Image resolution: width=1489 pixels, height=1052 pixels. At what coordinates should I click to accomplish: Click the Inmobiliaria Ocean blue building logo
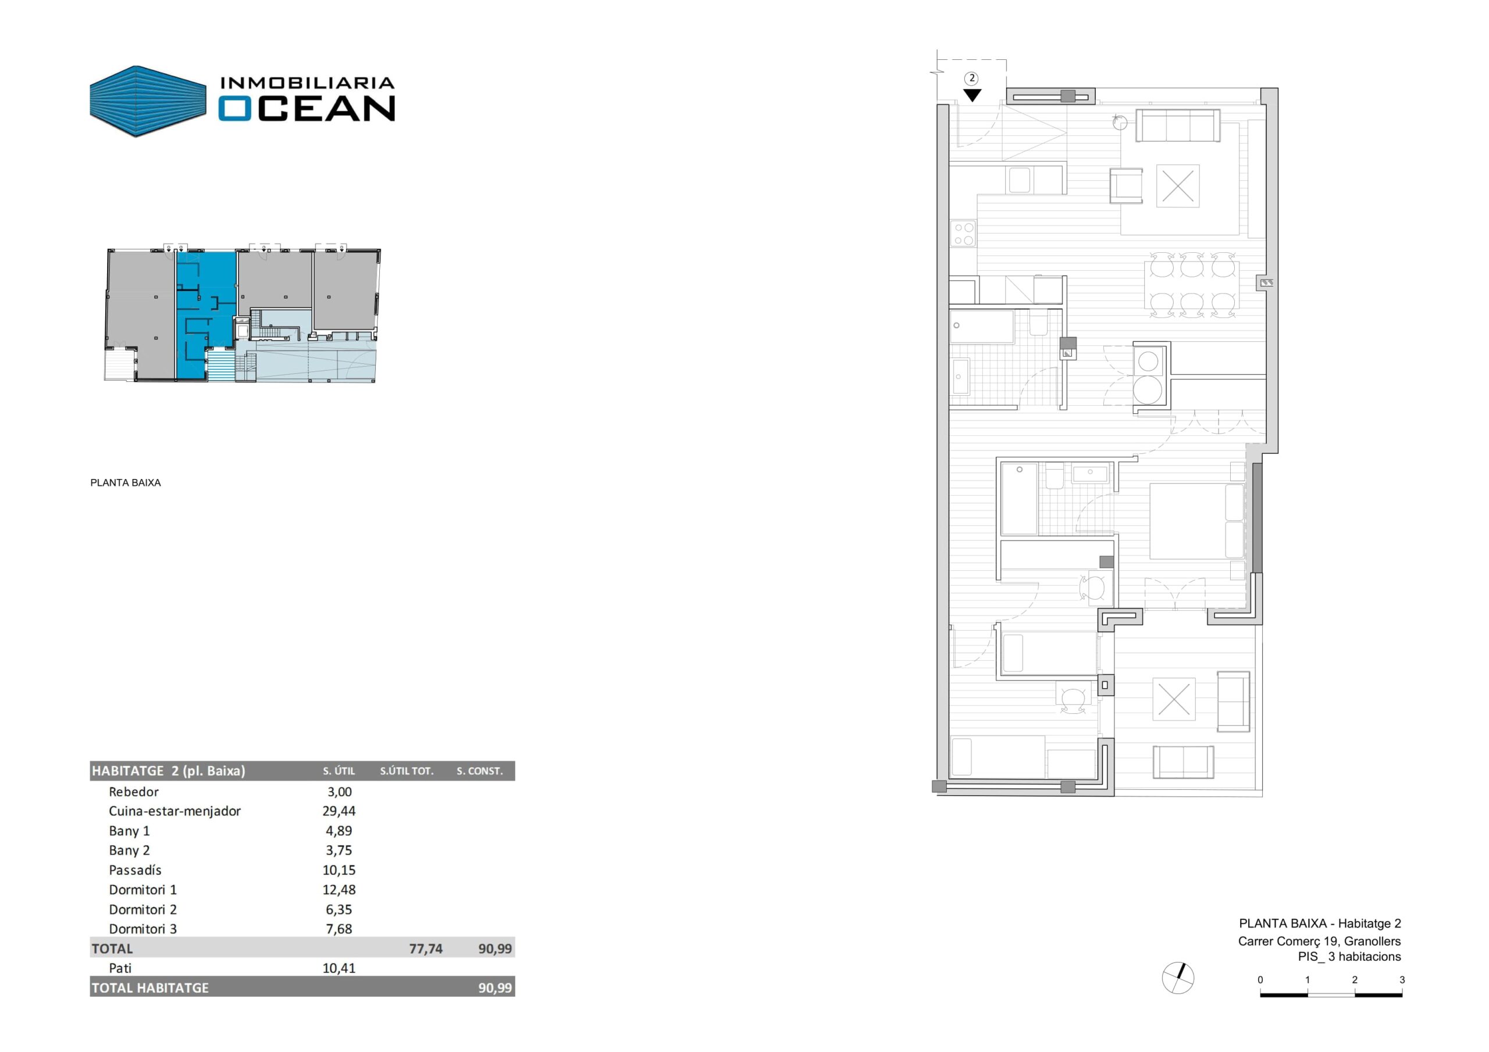(148, 101)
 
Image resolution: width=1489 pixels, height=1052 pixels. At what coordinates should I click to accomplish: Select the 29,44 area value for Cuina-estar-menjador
(339, 811)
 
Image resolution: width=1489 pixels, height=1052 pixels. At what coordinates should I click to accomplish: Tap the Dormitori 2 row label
(143, 910)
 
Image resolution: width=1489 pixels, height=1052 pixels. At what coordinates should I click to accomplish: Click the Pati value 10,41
(339, 968)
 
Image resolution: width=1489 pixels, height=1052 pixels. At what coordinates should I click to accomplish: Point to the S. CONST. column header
(480, 771)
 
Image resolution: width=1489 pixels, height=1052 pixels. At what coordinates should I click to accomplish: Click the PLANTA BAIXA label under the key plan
(126, 483)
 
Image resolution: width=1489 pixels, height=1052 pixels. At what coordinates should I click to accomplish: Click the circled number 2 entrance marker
(971, 78)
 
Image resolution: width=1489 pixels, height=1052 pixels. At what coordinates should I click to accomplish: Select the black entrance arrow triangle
(972, 95)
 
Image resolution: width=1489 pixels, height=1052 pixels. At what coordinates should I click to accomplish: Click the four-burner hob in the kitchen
(963, 234)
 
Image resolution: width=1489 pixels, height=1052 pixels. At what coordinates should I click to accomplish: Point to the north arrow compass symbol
(1178, 979)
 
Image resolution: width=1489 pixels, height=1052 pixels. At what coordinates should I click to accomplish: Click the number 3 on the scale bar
(1402, 980)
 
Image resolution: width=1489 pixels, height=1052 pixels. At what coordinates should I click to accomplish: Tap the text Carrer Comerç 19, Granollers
(1319, 941)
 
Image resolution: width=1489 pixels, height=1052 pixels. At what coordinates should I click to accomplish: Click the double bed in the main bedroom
(1197, 521)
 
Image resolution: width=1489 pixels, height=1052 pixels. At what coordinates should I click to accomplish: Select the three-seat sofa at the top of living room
(1178, 126)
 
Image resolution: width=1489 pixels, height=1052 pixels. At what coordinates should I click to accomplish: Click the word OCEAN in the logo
(306, 108)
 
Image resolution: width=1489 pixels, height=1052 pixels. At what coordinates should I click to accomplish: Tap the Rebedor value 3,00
(339, 792)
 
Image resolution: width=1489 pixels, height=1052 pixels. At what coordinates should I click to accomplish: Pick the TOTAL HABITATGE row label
(150, 988)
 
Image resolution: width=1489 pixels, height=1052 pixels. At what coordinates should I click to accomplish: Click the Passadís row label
(135, 870)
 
